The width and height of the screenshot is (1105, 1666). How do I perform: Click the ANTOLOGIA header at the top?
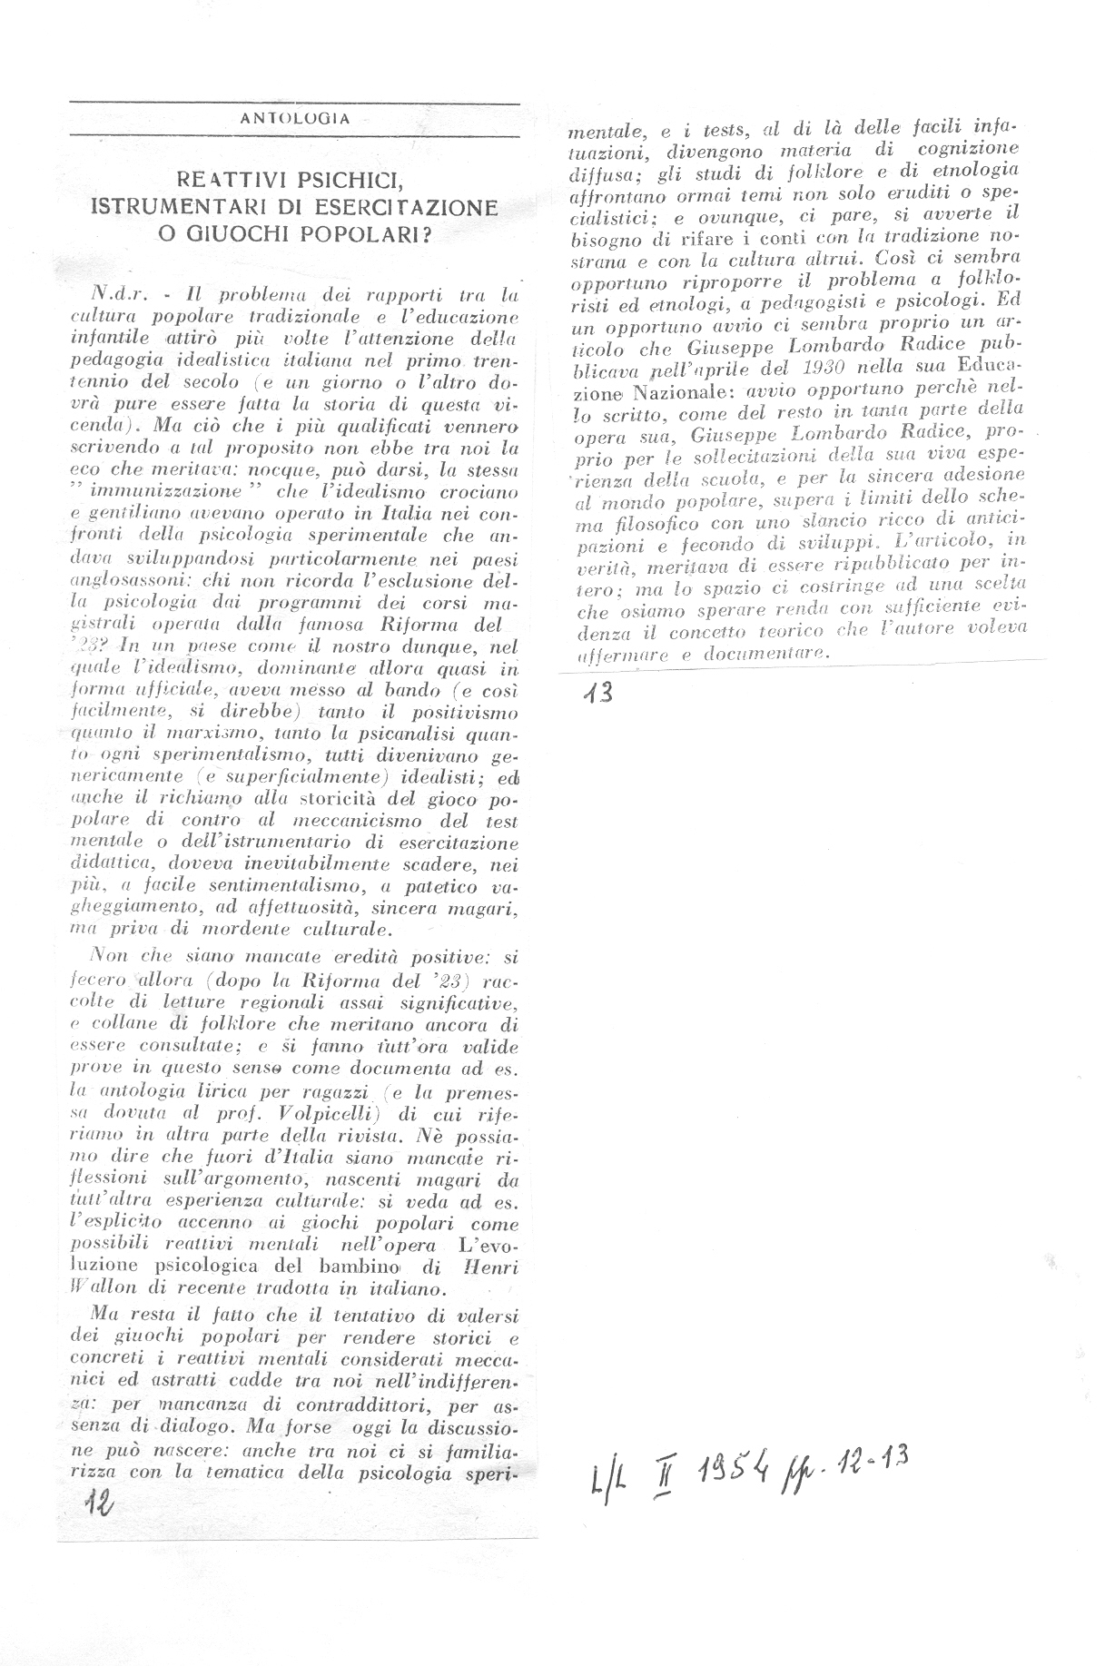[x=295, y=118]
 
